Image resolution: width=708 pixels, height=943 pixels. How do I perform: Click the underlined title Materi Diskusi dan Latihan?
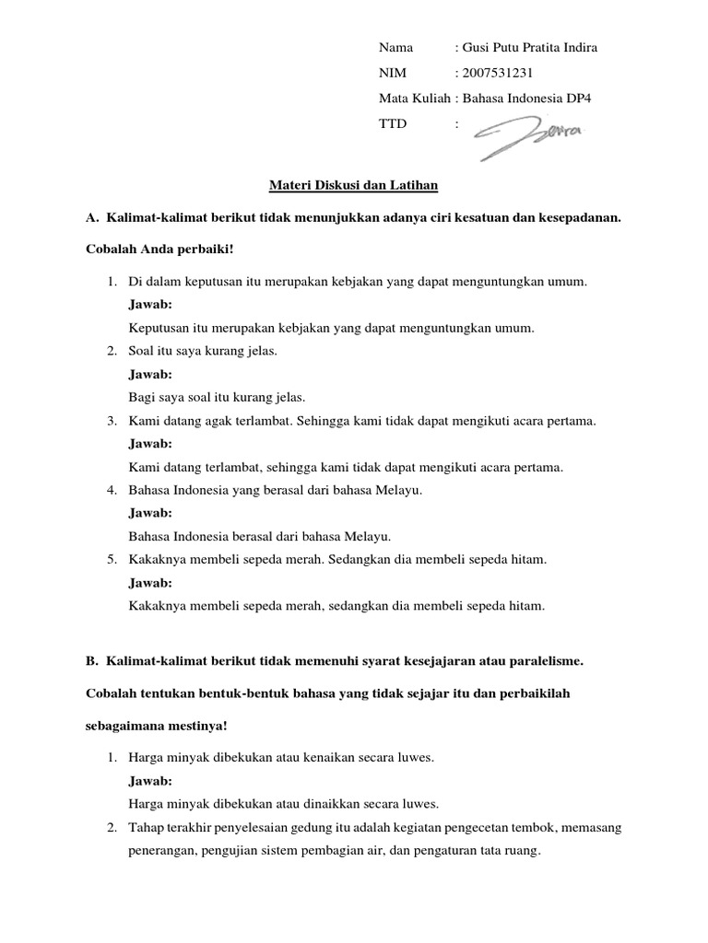[x=353, y=186]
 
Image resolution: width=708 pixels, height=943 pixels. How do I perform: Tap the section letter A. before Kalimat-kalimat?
[x=91, y=218]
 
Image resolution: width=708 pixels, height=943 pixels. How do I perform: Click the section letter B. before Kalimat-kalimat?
[x=91, y=660]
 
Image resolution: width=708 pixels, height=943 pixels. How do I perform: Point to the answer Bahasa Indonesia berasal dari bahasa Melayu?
[x=261, y=536]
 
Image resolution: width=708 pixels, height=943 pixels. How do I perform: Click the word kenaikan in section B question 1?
[x=318, y=757]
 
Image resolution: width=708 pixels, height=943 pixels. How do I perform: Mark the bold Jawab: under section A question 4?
[x=150, y=513]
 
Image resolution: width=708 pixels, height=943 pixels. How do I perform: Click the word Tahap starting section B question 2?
[x=144, y=828]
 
